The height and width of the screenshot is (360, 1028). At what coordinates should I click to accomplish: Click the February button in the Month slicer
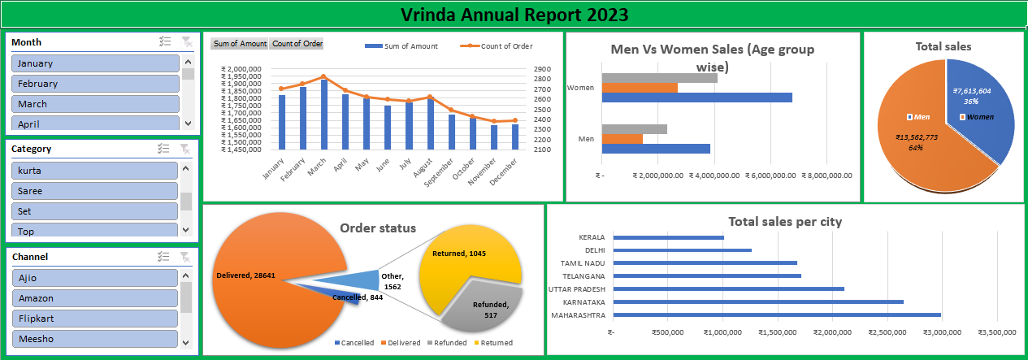tap(95, 84)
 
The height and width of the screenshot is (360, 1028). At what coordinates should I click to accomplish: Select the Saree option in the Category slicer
tap(94, 191)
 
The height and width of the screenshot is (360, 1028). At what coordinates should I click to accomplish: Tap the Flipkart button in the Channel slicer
tap(94, 319)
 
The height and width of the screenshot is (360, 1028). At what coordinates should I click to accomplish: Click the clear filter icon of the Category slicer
tap(185, 149)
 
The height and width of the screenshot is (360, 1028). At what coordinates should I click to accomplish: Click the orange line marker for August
tap(430, 98)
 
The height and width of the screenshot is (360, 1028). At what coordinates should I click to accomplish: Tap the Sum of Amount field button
tap(239, 44)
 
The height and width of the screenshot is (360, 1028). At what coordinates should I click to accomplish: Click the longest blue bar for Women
tap(696, 98)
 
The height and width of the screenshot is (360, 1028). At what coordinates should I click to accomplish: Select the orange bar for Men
tap(622, 139)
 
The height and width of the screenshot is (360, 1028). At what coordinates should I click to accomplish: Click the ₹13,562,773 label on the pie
tap(916, 137)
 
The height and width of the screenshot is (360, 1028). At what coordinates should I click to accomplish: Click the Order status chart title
tap(377, 228)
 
